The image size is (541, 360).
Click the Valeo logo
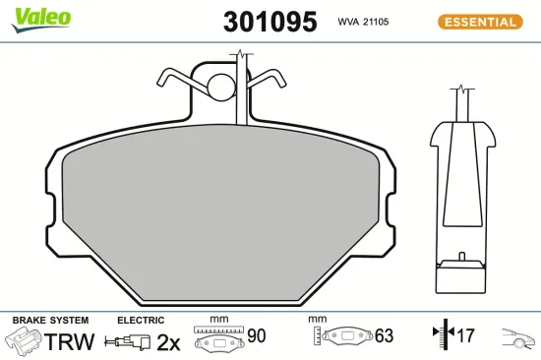pos(39,18)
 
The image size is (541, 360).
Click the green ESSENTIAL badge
pos(481,22)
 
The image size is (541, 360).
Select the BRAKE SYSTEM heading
pos(49,321)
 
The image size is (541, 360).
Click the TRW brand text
pos(71,342)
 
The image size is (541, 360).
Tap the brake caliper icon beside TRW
pos(25,342)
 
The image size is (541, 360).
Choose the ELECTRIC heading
pos(140,321)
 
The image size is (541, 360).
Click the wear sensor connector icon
pos(132,343)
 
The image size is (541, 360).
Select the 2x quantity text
pos(169,342)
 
